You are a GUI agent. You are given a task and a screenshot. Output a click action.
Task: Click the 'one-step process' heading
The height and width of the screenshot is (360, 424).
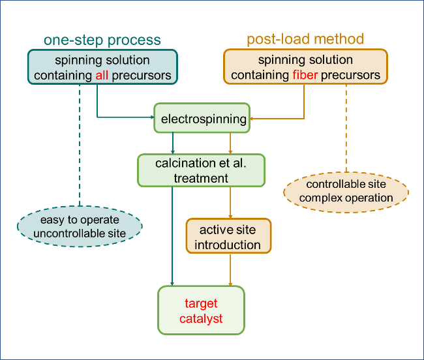102,40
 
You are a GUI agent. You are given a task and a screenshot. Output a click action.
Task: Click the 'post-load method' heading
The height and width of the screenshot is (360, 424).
305,39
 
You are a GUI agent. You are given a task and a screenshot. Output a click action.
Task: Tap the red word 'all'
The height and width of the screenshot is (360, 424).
102,75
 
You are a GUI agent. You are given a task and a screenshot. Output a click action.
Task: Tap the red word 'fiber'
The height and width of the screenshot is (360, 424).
305,75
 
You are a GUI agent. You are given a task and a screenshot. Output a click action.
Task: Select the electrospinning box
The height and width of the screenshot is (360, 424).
202,118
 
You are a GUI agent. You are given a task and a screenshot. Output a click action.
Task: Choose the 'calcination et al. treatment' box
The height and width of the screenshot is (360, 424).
201,170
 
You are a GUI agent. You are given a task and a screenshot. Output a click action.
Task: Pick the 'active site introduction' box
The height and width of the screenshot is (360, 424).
228,236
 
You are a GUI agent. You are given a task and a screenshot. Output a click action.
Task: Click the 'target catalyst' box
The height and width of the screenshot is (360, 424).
201,310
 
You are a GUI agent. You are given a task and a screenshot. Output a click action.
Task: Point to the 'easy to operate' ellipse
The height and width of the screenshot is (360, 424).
80,226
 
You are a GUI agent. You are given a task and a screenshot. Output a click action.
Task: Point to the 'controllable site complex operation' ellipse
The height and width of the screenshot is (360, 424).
346,192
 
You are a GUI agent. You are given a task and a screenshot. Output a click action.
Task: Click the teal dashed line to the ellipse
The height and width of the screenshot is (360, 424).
80,145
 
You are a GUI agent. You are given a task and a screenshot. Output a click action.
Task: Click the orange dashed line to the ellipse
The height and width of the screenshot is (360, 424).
346,128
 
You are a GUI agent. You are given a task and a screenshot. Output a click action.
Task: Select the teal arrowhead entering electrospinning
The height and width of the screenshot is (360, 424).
153,117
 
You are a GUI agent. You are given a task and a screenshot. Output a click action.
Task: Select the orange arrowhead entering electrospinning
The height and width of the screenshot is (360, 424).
252,119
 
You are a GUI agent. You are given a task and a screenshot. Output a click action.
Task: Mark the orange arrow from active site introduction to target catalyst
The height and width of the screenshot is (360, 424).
230,270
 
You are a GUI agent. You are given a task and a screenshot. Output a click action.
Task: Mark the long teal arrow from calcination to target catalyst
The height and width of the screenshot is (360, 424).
172,236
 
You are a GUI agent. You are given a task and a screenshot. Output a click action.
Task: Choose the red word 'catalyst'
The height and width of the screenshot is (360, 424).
201,319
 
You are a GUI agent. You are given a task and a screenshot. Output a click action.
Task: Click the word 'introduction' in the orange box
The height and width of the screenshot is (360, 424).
228,245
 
